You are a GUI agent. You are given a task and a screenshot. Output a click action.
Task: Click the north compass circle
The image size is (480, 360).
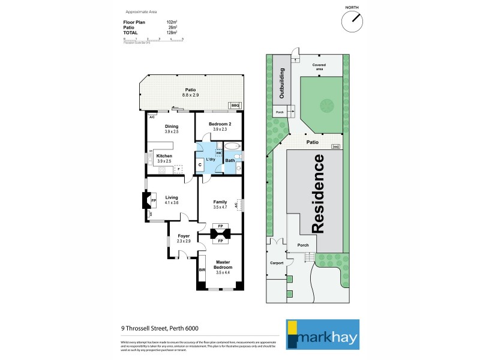pos(353,22)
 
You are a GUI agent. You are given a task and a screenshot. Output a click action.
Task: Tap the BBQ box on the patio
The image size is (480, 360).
pos(235,104)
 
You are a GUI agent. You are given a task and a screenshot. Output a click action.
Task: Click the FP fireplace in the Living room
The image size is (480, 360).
pos(154,200)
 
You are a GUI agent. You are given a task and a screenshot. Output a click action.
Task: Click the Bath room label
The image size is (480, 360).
pos(229,160)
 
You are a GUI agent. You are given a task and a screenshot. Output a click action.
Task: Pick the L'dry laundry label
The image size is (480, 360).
pos(211,159)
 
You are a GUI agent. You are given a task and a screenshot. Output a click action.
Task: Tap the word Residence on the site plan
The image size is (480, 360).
pos(319,194)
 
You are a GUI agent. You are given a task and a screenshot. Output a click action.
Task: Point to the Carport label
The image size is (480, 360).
pos(275,263)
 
